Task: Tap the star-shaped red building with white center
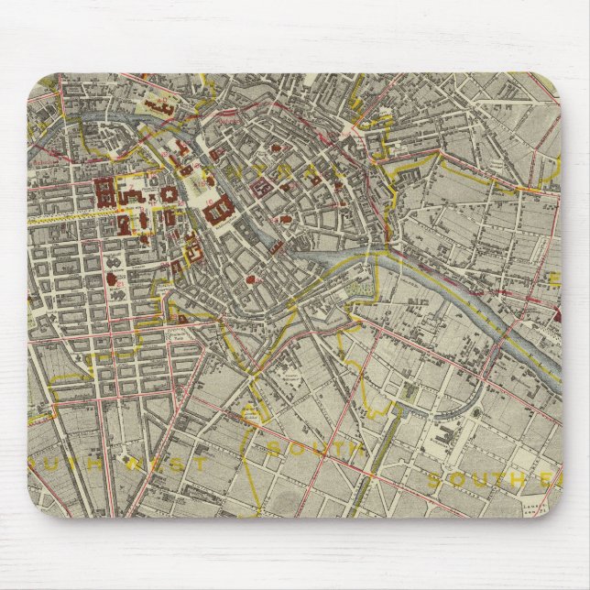click(115, 274)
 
